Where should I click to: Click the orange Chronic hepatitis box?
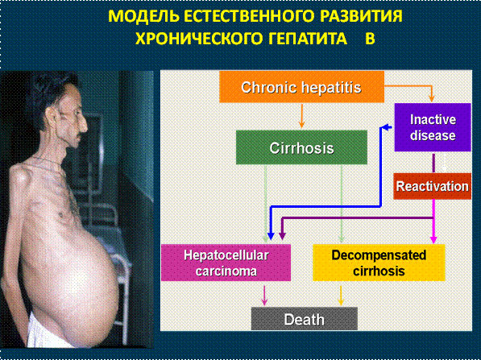coord(301,87)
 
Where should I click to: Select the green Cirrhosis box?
coord(301,147)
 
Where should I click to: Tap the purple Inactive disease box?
coord(433,127)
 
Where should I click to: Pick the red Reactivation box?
coord(432,186)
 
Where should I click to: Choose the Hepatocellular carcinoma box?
coord(226,263)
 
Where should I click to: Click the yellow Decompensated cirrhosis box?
coord(379,263)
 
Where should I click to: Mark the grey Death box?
coord(305,319)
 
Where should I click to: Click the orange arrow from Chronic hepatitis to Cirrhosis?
coord(301,116)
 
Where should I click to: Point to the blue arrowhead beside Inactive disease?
coord(387,127)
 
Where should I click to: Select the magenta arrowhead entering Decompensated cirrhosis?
coord(433,240)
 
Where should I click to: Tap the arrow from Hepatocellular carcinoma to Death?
coord(264,296)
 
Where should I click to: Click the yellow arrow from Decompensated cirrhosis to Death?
coord(341,296)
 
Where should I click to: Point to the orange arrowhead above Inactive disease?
coord(432,98)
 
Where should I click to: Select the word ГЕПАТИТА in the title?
coord(309,39)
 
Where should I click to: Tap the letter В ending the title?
coord(370,39)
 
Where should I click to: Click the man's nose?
coord(84,124)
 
